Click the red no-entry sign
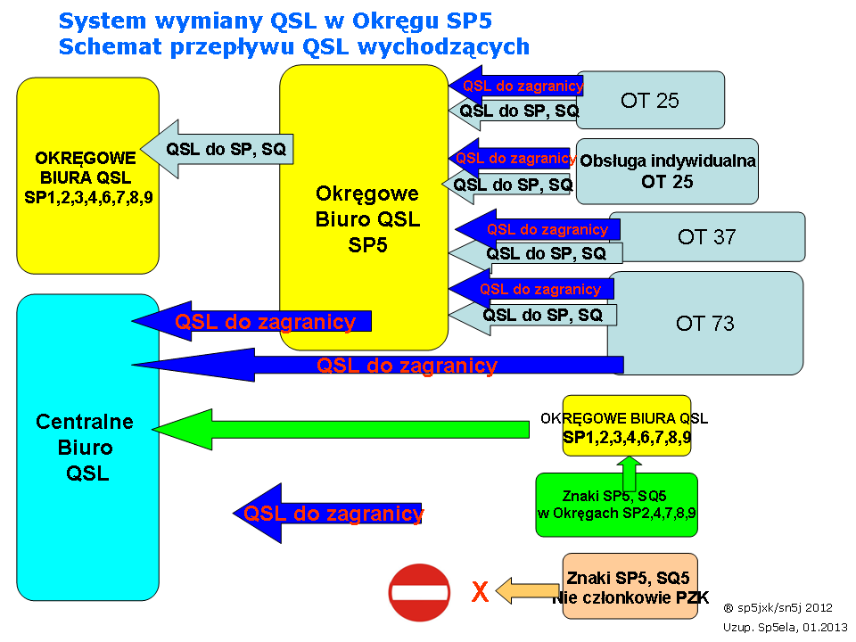(x=419, y=592)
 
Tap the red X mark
(x=480, y=592)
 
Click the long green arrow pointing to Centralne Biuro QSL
(x=341, y=430)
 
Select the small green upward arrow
(x=630, y=473)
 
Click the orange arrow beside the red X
(x=527, y=590)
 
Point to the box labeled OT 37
(x=706, y=237)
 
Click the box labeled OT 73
(x=704, y=323)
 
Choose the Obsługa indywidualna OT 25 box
(x=667, y=171)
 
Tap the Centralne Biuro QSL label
(x=86, y=447)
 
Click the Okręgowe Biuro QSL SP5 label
(x=367, y=219)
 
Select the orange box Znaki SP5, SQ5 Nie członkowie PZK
(x=630, y=586)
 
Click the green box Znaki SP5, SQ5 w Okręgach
(x=616, y=505)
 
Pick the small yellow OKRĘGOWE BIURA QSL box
(x=627, y=426)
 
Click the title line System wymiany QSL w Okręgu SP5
(x=276, y=21)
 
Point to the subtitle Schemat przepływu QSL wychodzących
(x=293, y=47)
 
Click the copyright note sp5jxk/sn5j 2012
(x=778, y=607)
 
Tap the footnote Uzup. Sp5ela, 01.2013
(x=785, y=627)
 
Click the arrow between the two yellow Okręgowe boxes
(x=217, y=149)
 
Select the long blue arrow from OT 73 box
(x=378, y=365)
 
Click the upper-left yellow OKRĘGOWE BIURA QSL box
(x=88, y=176)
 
